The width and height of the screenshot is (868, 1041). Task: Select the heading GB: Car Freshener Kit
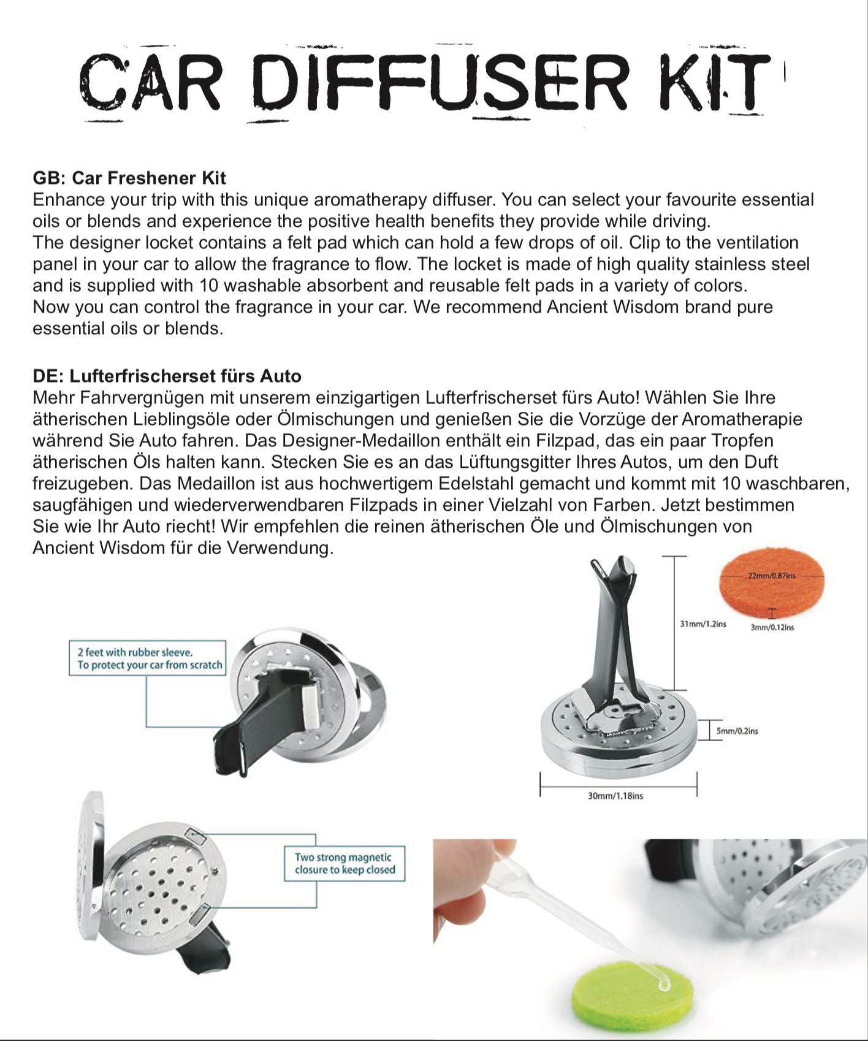click(x=129, y=178)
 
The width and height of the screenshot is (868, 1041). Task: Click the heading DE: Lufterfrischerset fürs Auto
click(x=167, y=376)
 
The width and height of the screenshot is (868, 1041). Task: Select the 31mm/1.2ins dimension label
click(x=702, y=624)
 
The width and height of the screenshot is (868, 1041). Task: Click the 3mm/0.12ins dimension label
click(x=772, y=627)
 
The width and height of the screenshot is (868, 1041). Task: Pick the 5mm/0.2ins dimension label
click(x=737, y=731)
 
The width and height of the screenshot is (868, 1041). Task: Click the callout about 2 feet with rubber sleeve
click(x=148, y=658)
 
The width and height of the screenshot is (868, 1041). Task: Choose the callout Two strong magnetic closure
click(x=345, y=863)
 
